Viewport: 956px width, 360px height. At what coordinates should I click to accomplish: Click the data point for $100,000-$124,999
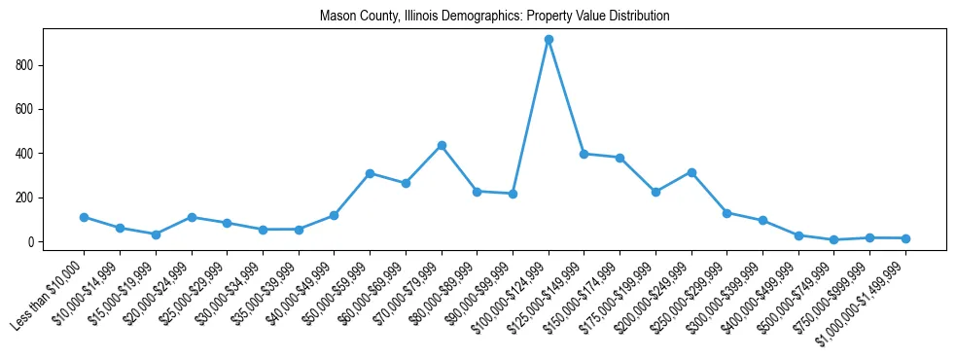(x=549, y=40)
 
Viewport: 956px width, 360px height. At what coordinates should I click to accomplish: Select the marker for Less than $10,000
(x=84, y=217)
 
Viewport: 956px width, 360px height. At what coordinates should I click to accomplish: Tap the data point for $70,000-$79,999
(x=442, y=145)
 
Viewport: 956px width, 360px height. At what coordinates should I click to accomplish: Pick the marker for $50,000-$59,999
(x=370, y=173)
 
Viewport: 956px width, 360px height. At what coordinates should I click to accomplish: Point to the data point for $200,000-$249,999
(x=691, y=172)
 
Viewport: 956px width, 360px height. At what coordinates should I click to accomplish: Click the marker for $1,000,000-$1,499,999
(x=905, y=238)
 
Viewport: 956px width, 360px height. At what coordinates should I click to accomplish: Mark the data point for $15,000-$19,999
(x=156, y=234)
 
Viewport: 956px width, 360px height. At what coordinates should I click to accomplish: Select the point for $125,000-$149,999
(x=584, y=154)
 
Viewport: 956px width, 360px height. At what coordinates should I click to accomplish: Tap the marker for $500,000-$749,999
(x=833, y=239)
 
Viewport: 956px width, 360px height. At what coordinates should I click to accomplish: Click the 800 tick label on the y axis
(x=27, y=65)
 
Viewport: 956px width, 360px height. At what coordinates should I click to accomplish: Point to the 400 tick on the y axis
(x=27, y=154)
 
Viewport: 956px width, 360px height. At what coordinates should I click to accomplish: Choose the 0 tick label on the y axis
(x=33, y=242)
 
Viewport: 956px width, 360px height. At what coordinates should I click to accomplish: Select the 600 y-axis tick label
(x=27, y=109)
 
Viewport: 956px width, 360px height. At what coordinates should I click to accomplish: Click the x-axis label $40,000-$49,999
(x=302, y=292)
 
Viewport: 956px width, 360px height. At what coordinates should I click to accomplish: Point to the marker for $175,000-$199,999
(x=655, y=192)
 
